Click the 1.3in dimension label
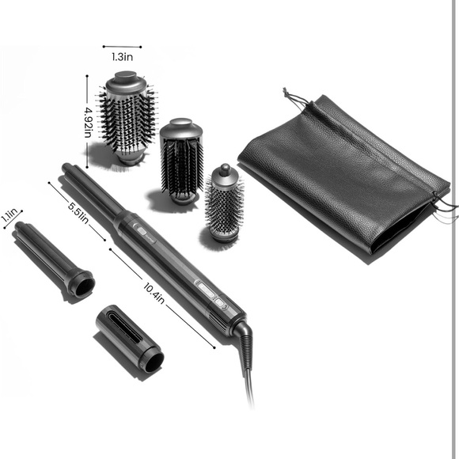pyautogui.click(x=123, y=56)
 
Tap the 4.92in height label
pyautogui.click(x=88, y=123)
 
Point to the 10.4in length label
pyautogui.click(x=154, y=294)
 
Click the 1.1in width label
pyautogui.click(x=9, y=215)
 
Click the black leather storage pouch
pyautogui.click(x=345, y=176)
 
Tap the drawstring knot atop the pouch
pyautogui.click(x=285, y=93)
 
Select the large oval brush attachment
pyautogui.click(x=127, y=118)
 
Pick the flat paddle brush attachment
pyautogui.click(x=181, y=161)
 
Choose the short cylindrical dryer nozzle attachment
pyautogui.click(x=130, y=339)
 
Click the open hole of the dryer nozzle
pyautogui.click(x=154, y=362)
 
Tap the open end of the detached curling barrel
pyautogui.click(x=85, y=286)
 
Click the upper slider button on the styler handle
pyautogui.click(x=142, y=231)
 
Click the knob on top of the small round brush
pyautogui.click(x=225, y=169)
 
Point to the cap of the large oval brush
pyautogui.click(x=126, y=80)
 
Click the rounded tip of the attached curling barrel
pyautogui.click(x=66, y=168)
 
